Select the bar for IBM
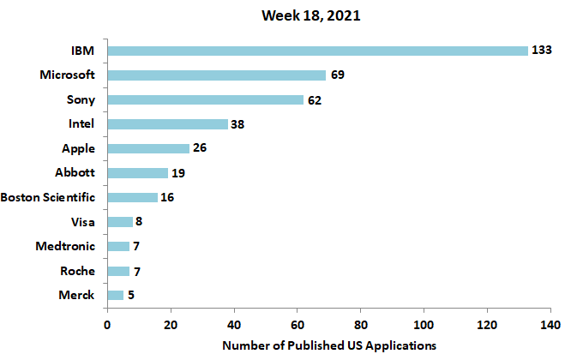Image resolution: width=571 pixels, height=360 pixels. click(317, 51)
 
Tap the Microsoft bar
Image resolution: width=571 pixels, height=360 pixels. click(216, 75)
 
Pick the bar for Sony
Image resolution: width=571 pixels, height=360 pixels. click(205, 99)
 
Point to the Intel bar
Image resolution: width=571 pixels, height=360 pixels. click(167, 124)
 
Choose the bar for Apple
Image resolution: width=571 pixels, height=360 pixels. click(148, 148)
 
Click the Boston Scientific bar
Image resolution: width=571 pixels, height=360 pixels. click(132, 197)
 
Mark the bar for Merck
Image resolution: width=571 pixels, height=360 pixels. click(115, 296)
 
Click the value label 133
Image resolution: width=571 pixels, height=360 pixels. click(541, 51)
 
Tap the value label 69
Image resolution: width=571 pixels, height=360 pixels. click(338, 75)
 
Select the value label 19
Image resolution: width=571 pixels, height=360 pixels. click(178, 173)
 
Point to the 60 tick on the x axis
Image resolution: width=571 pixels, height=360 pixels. click(297, 326)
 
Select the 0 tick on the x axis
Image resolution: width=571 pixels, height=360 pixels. click(107, 326)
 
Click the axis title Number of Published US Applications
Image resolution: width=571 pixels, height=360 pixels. click(329, 345)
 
